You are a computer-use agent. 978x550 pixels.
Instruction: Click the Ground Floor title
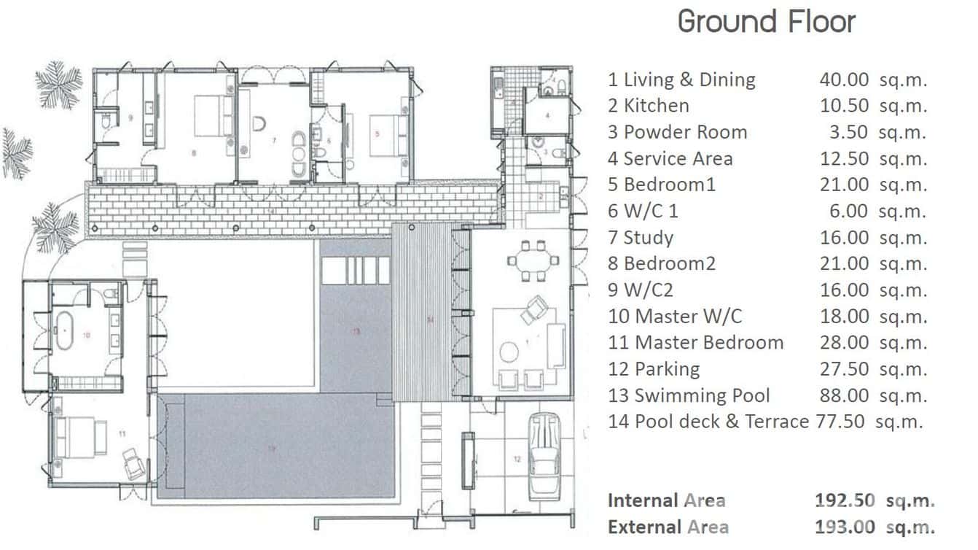766,21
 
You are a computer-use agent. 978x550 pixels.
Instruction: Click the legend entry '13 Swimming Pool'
689,395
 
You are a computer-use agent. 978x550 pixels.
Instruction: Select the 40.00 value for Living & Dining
844,80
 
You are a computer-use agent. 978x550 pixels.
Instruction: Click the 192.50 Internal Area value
844,500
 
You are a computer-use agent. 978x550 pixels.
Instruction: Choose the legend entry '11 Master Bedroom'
696,343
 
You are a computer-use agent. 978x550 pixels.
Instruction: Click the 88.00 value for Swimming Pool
844,395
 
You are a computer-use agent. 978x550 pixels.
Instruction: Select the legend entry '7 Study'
641,238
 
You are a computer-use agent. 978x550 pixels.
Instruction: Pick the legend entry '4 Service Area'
670,158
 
